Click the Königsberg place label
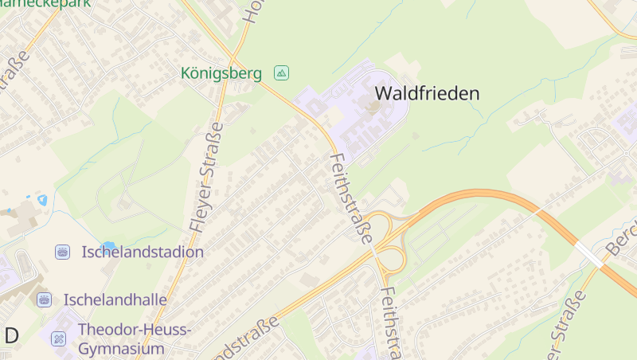(221, 73)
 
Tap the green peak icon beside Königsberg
(281, 73)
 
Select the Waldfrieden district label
(427, 93)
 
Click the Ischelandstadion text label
(143, 252)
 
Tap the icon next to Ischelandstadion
(62, 252)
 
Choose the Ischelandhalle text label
(115, 299)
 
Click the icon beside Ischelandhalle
(44, 299)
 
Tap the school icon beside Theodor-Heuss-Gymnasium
(58, 338)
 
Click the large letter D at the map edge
(10, 335)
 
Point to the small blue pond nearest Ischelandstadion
(108, 245)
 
